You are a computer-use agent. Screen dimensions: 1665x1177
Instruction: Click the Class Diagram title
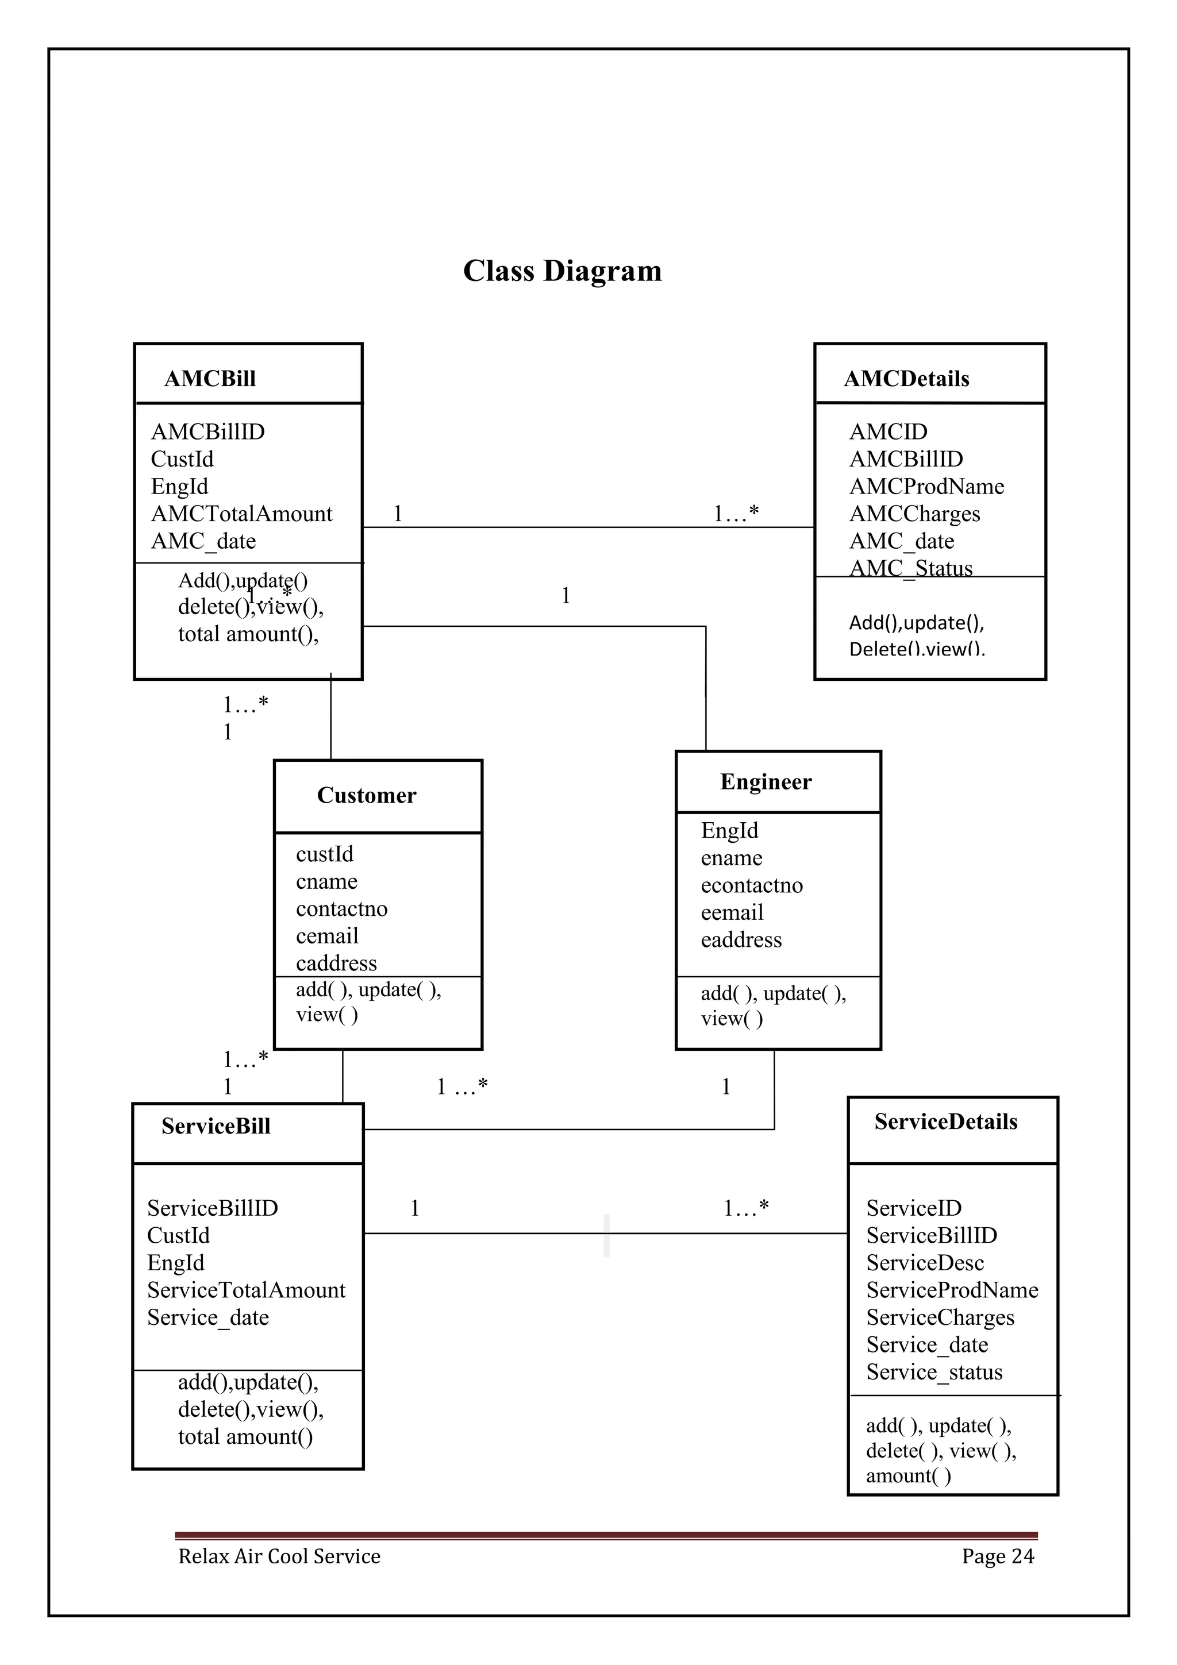tap(562, 271)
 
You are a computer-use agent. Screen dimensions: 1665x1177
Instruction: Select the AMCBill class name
tap(210, 379)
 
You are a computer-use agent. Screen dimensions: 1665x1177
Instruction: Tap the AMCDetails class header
tap(906, 379)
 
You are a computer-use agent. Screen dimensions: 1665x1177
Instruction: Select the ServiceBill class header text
tap(216, 1126)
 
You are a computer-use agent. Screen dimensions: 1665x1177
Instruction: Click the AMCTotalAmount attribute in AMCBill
tap(241, 514)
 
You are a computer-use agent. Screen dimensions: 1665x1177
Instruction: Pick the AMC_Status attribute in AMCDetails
tap(910, 567)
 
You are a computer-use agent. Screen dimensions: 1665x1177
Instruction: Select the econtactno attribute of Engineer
tap(751, 885)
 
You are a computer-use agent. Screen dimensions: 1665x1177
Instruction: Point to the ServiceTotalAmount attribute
tap(246, 1289)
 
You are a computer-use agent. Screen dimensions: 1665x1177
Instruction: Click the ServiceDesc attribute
tap(925, 1262)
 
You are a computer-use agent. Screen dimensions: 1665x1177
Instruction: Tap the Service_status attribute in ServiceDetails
tap(933, 1371)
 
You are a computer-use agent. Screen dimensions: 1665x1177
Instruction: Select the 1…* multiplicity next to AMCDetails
tap(736, 514)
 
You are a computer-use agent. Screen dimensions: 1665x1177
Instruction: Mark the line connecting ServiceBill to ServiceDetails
tap(507, 1233)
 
